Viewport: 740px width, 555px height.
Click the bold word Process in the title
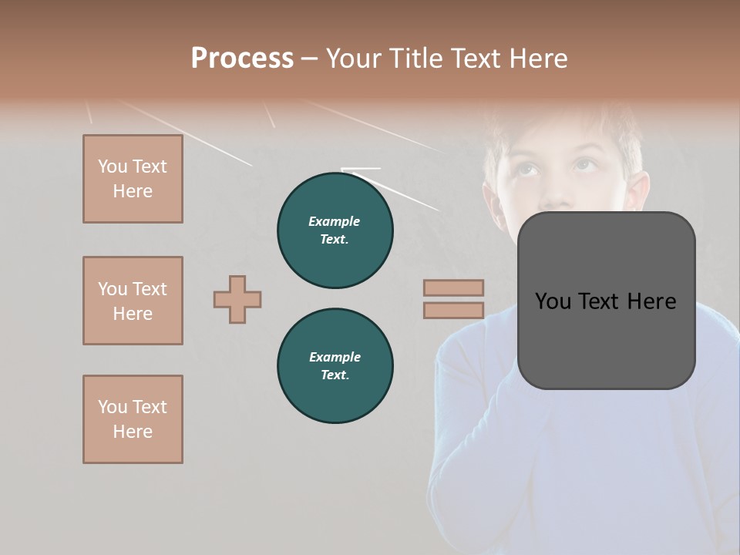(242, 59)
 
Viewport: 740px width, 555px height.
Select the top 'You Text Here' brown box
(133, 179)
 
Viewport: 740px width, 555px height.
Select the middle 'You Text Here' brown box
(133, 301)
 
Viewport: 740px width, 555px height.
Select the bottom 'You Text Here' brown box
(133, 419)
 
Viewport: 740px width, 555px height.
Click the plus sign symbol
(237, 299)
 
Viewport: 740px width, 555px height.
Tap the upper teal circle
(335, 230)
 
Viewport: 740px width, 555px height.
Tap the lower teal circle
(335, 366)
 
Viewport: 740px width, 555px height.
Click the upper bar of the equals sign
(453, 288)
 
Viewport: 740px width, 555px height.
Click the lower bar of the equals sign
(453, 311)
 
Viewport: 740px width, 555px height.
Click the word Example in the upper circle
(335, 221)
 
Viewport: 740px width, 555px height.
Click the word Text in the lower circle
(334, 375)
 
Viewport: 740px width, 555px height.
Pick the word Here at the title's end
(538, 59)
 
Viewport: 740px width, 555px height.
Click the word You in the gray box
(554, 301)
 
